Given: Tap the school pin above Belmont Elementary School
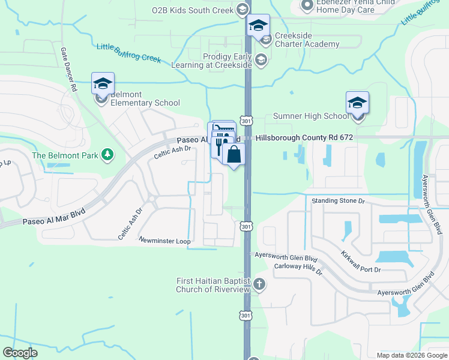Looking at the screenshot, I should point(103,83).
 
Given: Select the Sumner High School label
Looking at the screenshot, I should point(310,116).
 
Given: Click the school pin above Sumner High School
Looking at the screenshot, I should point(357,102).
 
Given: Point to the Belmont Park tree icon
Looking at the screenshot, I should point(107,155).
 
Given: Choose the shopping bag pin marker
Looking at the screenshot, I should point(234,154).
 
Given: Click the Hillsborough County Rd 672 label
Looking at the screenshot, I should point(304,137).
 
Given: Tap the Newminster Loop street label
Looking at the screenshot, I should point(164,241).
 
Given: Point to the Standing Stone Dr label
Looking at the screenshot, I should point(337,201).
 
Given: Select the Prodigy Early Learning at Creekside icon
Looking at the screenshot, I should point(261,59).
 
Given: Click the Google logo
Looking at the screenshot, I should point(20,353).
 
